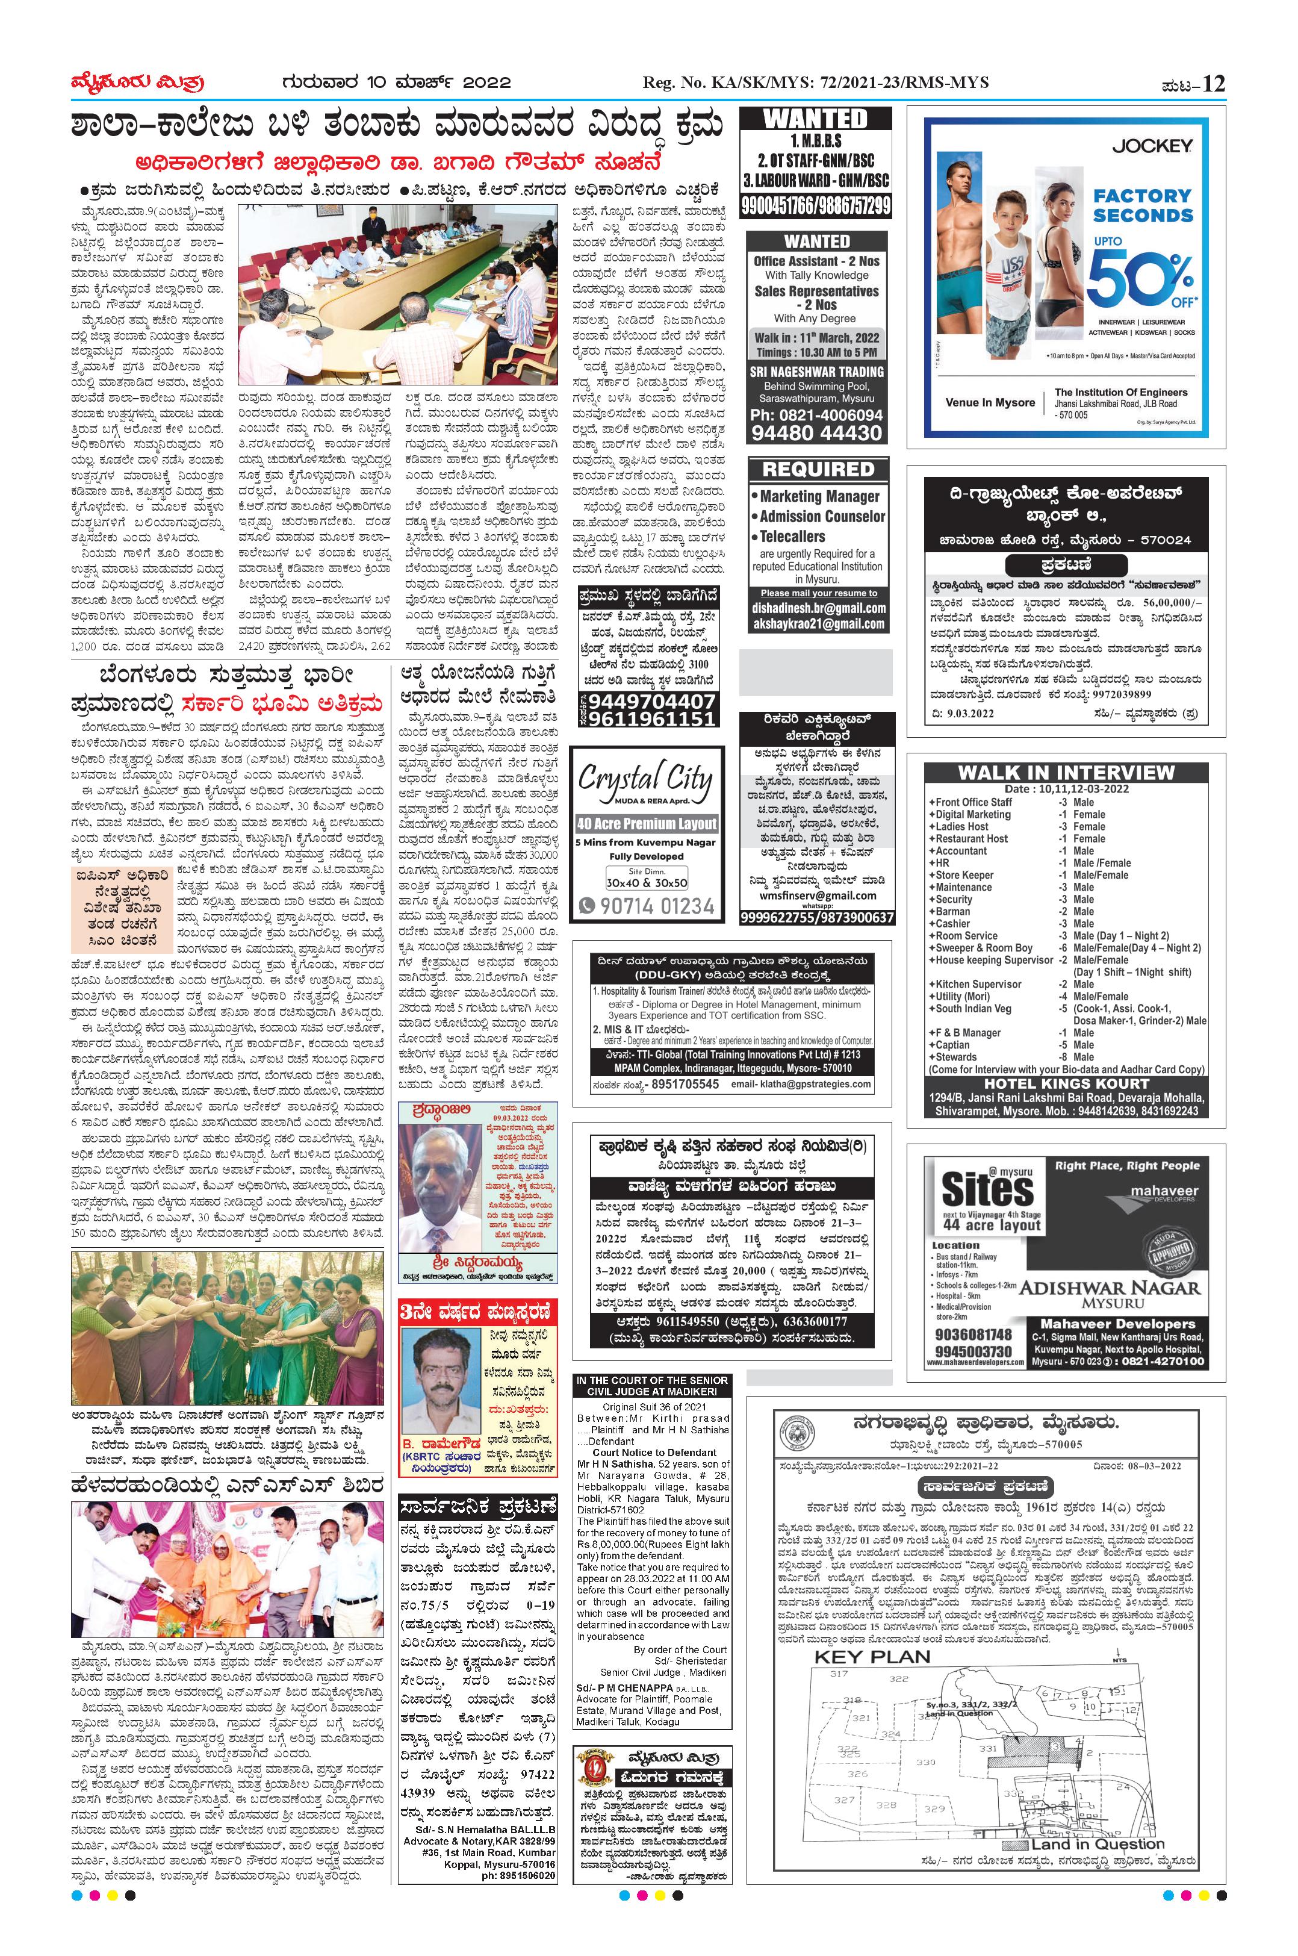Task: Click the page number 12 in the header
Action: coord(1213,84)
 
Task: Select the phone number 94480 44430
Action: coord(816,432)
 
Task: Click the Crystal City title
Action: coord(645,779)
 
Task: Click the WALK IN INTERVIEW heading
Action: coord(1066,772)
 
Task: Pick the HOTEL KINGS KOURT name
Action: coord(1066,1083)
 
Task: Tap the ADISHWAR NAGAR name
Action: coord(1109,1287)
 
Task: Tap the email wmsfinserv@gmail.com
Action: coord(816,894)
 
